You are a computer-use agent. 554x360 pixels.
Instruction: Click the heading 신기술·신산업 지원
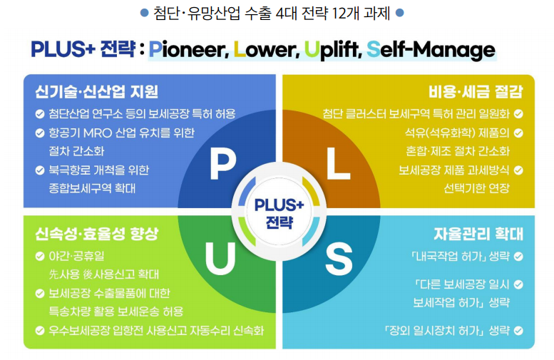point(96,92)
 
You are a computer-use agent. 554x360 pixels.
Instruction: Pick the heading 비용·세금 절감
point(476,92)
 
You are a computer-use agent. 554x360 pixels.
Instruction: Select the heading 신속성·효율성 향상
point(96,235)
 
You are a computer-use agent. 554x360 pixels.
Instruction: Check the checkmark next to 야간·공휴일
point(39,256)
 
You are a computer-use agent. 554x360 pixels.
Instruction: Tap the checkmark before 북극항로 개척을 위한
point(39,170)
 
